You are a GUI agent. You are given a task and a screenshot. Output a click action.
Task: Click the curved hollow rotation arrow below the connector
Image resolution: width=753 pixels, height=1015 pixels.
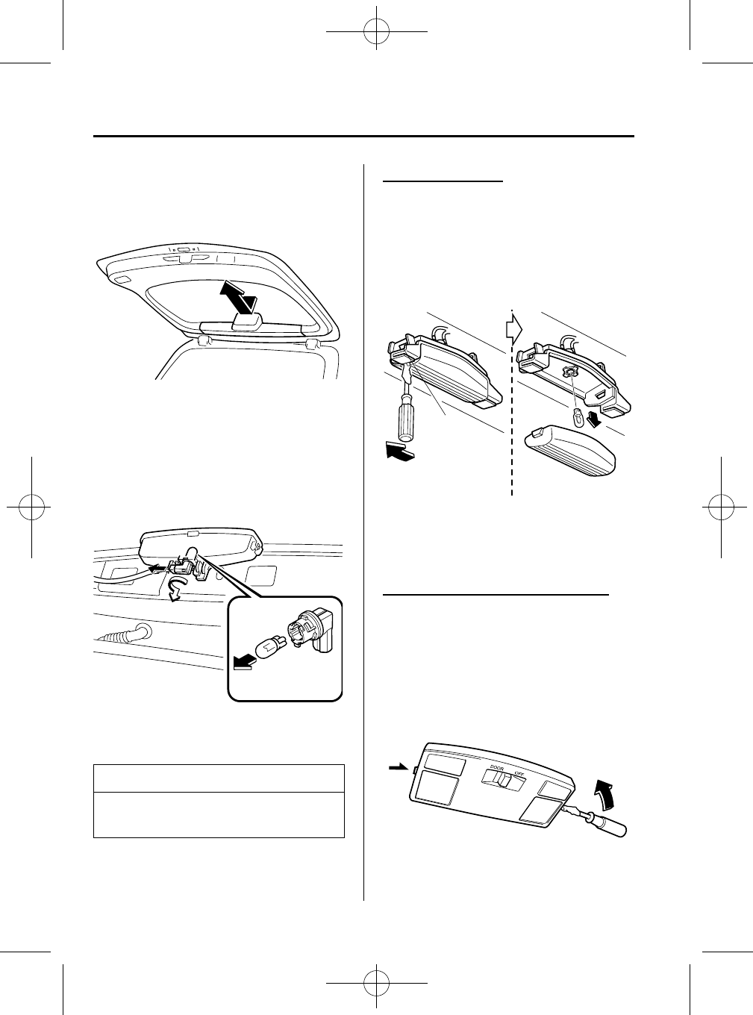[x=175, y=590]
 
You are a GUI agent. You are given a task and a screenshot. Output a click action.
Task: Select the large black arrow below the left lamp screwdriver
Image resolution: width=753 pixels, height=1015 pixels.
[x=396, y=451]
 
